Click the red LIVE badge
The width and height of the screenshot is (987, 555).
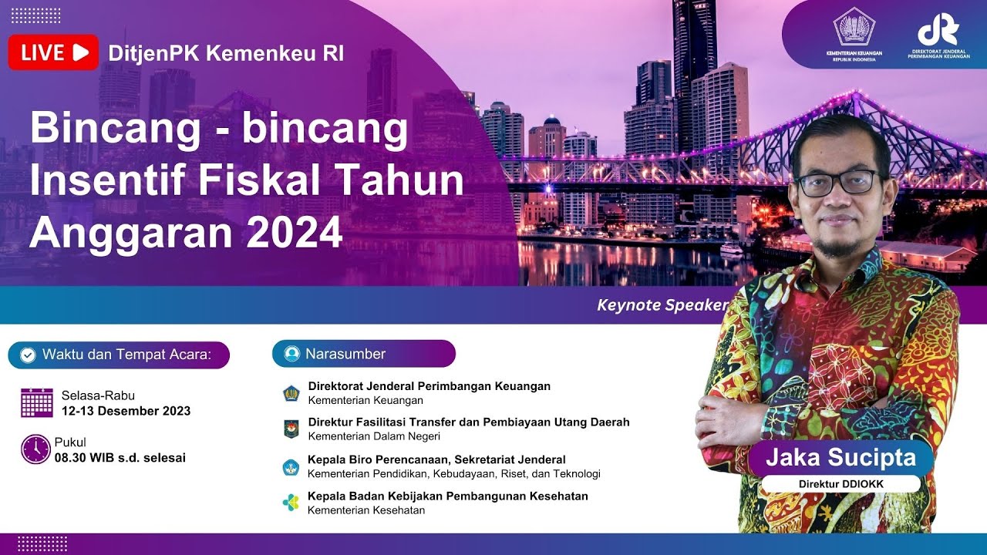[x=53, y=52]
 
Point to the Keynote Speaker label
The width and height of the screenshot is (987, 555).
[x=662, y=304]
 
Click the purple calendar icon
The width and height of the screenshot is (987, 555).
[x=37, y=402]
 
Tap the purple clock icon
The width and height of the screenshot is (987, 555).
[x=35, y=449]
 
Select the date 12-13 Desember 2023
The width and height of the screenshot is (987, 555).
[x=126, y=411]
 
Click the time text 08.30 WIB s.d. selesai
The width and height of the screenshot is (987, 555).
[x=120, y=458]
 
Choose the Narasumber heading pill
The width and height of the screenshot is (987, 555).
[x=363, y=354]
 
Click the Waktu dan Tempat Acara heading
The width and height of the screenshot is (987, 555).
[x=119, y=355]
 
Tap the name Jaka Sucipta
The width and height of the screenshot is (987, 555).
[x=840, y=457]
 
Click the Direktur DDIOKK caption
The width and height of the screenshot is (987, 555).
[x=841, y=484]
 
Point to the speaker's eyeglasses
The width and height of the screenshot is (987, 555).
[x=837, y=183]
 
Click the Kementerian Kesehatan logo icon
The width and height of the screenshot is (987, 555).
[x=291, y=503]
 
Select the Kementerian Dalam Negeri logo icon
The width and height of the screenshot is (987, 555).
[x=291, y=429]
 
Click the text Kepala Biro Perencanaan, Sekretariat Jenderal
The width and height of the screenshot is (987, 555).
[x=436, y=459]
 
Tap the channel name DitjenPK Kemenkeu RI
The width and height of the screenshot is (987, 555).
[x=226, y=54]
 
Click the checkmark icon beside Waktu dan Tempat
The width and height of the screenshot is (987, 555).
[x=28, y=355]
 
